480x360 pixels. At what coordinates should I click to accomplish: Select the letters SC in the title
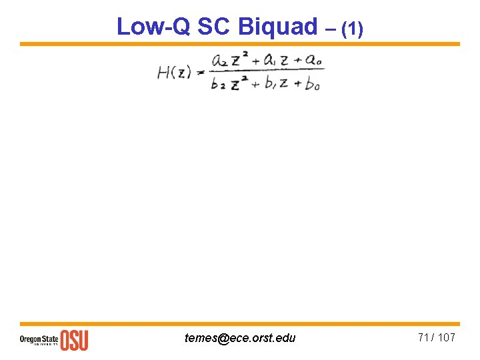coord(213,27)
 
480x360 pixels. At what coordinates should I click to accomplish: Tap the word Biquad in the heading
coord(277,27)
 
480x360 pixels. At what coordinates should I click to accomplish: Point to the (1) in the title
coord(353,28)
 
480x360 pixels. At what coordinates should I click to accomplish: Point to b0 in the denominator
coord(312,85)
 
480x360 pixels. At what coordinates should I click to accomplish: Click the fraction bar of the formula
coord(267,72)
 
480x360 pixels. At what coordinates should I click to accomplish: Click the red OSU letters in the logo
coord(75,339)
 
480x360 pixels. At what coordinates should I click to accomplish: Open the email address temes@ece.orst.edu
coord(240,338)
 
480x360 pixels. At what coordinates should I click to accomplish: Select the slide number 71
coord(424,337)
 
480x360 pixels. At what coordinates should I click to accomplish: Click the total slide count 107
coord(446,337)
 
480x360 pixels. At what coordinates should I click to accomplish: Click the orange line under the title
coord(240,44)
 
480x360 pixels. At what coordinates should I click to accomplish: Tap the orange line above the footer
coord(240,323)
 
